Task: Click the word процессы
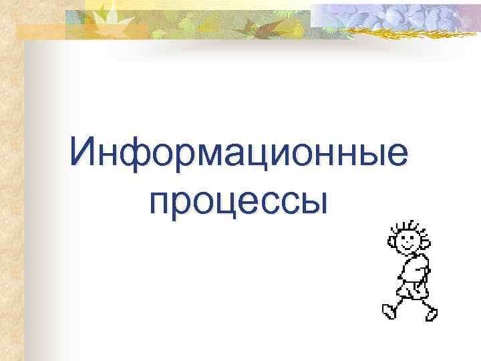240,200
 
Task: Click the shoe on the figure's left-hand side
388,311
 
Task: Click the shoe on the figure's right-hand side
432,313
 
